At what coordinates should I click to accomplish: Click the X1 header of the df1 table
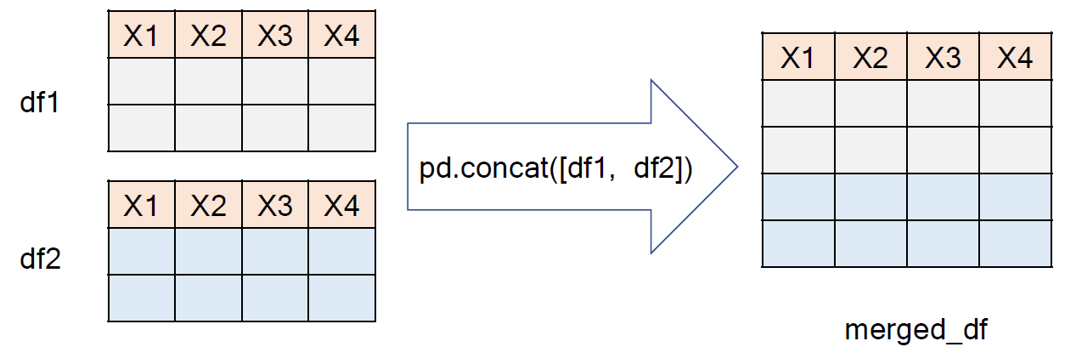pyautogui.click(x=142, y=35)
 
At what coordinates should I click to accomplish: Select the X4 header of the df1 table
pyautogui.click(x=341, y=35)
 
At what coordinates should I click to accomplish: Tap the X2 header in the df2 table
pyautogui.click(x=208, y=205)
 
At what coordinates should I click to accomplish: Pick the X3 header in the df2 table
pyautogui.click(x=275, y=205)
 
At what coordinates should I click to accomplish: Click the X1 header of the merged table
pyautogui.click(x=797, y=58)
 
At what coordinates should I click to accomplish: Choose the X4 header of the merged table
pyautogui.click(x=1015, y=58)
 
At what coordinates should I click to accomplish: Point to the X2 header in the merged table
pyautogui.click(x=870, y=58)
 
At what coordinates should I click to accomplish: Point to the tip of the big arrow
pyautogui.click(x=735, y=167)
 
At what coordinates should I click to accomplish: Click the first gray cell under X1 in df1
pyautogui.click(x=142, y=81)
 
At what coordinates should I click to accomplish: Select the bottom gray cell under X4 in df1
pyautogui.click(x=341, y=128)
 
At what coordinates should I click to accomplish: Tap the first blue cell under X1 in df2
pyautogui.click(x=142, y=251)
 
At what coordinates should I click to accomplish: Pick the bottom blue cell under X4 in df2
pyautogui.click(x=341, y=298)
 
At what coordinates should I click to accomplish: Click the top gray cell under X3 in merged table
pyautogui.click(x=943, y=104)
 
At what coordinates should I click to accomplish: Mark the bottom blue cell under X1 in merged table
pyautogui.click(x=797, y=243)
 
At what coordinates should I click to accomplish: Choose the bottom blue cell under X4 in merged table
pyautogui.click(x=1015, y=243)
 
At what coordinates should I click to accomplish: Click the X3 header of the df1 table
pyautogui.click(x=275, y=35)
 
